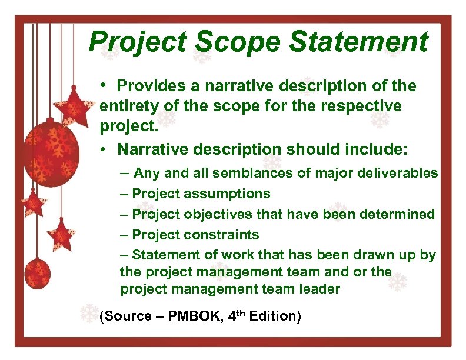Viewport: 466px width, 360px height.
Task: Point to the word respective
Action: [x=364, y=106]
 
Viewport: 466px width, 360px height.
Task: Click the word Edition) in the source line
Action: [x=275, y=316]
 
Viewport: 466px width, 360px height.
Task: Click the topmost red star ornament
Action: [x=74, y=106]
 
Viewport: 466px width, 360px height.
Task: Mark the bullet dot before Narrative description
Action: [x=103, y=149]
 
